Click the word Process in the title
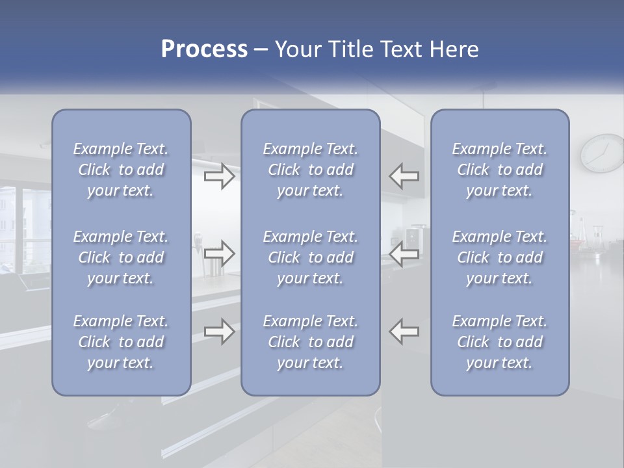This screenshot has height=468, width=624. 204,49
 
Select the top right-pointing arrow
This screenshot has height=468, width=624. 219,176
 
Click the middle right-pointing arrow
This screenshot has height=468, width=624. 219,253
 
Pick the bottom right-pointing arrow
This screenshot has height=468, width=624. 219,331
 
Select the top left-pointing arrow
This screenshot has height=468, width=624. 404,176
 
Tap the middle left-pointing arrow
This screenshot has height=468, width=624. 404,253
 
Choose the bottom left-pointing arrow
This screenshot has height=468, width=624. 404,331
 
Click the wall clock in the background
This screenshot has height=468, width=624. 603,153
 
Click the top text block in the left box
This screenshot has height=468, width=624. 121,170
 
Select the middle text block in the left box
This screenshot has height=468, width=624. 121,257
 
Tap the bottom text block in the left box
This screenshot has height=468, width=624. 121,342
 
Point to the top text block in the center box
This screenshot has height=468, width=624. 311,170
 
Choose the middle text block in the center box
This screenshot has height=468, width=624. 311,257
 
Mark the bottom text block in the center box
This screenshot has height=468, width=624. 311,342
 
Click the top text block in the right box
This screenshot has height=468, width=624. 500,170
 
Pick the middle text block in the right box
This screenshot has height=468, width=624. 500,257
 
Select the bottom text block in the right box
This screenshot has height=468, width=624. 500,342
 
